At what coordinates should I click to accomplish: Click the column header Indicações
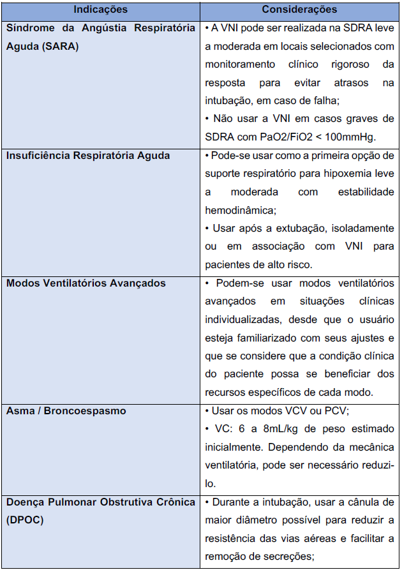pos(100,10)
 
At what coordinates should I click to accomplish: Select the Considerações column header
pos(299,10)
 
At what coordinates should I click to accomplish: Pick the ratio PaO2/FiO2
pos(284,137)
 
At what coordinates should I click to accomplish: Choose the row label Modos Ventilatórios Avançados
pos(86,282)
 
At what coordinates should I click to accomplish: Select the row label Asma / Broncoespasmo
pos(66,410)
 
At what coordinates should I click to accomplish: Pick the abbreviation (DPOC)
pos(25,520)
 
